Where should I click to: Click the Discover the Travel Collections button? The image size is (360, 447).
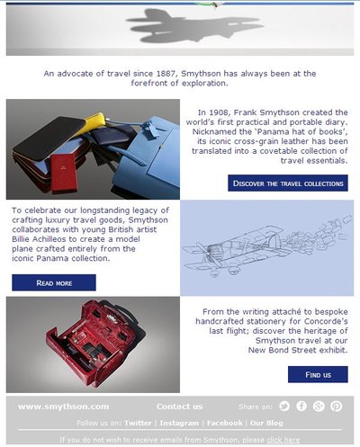[288, 183]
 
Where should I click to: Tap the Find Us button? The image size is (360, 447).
[318, 374]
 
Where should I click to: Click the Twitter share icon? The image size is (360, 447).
[284, 407]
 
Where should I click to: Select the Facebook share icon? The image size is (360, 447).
[301, 407]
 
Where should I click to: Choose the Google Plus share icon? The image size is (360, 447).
[319, 407]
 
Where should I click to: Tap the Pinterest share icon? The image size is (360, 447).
[337, 407]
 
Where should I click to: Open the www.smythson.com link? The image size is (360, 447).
[63, 407]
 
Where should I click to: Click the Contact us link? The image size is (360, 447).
[179, 407]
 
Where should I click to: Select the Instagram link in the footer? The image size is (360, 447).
[179, 423]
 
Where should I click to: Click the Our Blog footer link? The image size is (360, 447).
[266, 423]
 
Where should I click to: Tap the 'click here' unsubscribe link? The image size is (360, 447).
[283, 440]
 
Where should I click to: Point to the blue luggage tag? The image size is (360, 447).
[152, 129]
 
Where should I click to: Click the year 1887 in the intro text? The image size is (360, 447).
[166, 74]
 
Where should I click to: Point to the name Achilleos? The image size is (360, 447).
[49, 239]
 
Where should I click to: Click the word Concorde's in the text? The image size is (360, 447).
[326, 321]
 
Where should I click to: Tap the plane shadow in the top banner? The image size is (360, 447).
[195, 26]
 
